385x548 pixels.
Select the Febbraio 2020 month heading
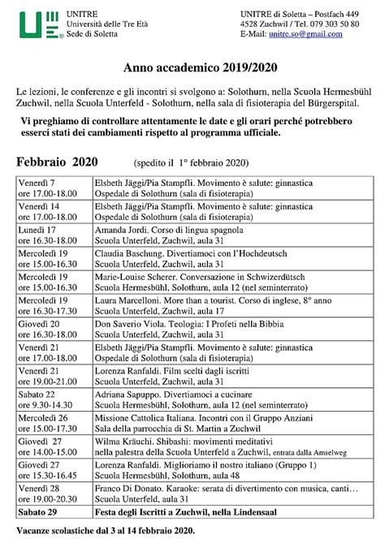click(57, 162)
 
